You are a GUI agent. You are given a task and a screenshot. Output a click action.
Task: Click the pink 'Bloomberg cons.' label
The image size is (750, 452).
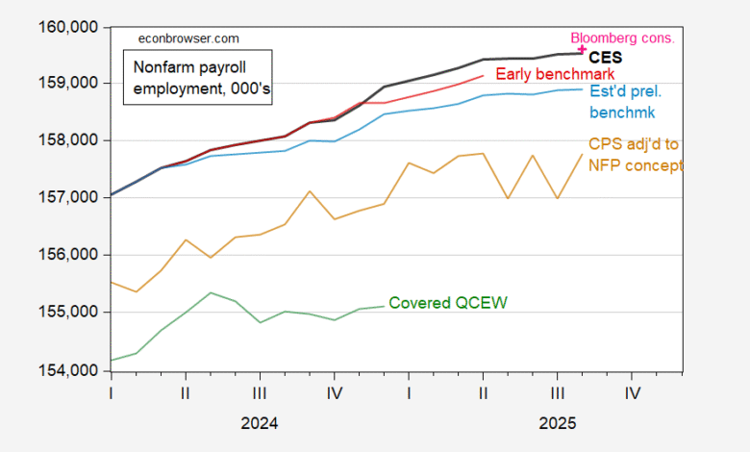coord(623,38)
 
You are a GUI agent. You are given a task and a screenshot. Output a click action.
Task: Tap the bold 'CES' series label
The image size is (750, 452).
coord(606,58)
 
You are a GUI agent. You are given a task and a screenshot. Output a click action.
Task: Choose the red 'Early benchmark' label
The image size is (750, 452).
coord(555,74)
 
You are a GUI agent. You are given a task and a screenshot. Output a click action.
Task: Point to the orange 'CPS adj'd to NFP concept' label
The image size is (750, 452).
coord(635,155)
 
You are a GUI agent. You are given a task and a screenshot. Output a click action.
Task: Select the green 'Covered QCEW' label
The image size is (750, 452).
coord(447,303)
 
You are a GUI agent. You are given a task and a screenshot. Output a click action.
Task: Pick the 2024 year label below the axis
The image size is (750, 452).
coord(260,423)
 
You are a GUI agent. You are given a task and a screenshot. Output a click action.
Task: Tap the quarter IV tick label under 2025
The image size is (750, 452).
coord(632,393)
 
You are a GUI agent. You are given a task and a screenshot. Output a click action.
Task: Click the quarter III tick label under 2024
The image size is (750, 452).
coord(260,393)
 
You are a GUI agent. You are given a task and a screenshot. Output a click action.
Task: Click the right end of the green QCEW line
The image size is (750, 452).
coord(384,306)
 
